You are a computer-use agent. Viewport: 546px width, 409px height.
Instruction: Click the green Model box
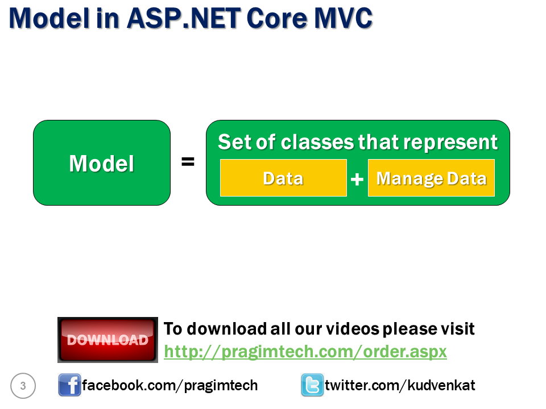tap(102, 163)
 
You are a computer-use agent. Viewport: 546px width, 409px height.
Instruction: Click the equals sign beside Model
tap(188, 162)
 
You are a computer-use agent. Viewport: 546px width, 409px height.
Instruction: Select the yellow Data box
tap(283, 178)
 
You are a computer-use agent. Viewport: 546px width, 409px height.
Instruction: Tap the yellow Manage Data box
tap(431, 178)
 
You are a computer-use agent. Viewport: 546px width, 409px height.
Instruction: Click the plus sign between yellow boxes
tap(357, 180)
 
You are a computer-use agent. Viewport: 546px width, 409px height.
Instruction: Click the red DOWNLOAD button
tap(107, 340)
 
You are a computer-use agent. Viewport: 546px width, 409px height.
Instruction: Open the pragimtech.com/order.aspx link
tap(305, 352)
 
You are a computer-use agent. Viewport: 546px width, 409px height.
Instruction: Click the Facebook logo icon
tap(69, 386)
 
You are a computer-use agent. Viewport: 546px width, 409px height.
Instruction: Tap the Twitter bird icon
tap(312, 386)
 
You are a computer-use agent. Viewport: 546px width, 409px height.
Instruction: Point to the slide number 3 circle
tap(23, 386)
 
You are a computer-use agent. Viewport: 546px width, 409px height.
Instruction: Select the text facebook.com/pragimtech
tap(169, 386)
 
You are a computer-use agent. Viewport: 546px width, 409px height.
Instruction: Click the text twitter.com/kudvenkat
tap(400, 386)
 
